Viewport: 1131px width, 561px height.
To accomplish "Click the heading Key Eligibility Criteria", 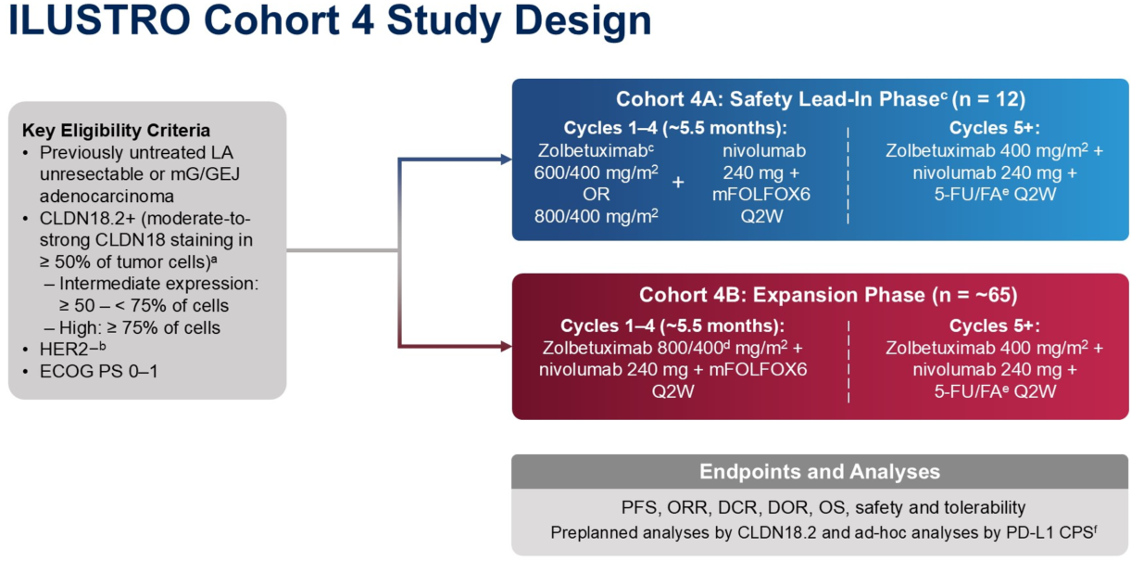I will tap(116, 131).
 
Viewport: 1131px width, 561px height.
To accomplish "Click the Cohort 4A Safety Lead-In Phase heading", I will tap(821, 99).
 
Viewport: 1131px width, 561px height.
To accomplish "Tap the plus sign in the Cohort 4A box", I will tap(677, 183).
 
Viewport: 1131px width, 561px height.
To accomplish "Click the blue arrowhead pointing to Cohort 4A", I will tap(506, 159).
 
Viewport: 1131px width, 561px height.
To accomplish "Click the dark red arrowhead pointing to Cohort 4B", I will tap(506, 347).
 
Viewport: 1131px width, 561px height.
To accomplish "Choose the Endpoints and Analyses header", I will tap(820, 471).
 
